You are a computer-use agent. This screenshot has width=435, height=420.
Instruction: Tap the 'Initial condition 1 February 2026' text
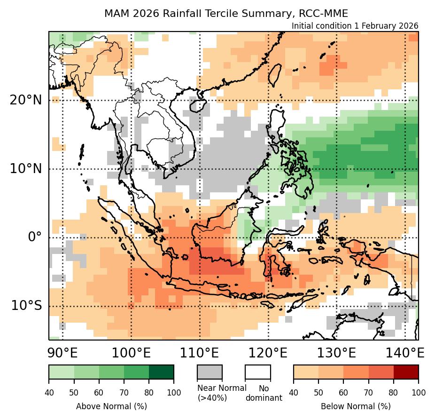coord(355,26)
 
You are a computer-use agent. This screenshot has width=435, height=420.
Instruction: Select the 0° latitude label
coord(35,237)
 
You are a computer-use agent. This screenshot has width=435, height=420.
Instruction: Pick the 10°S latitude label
coord(26,306)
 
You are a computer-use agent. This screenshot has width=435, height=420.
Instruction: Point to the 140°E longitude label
coord(405,353)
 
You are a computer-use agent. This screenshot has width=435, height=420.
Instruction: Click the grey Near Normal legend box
coord(210,372)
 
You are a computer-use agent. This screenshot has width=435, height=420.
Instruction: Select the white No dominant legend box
coord(258,372)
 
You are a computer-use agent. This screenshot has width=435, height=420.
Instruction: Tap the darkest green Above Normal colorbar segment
coord(161,372)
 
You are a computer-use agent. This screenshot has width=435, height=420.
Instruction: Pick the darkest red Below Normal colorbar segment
coord(406,372)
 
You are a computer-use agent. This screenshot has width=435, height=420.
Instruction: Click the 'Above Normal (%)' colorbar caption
coord(111,406)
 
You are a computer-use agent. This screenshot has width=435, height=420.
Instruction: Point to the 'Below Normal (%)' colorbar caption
coord(356,406)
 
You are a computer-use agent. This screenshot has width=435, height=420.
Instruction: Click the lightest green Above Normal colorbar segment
coord(61,372)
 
